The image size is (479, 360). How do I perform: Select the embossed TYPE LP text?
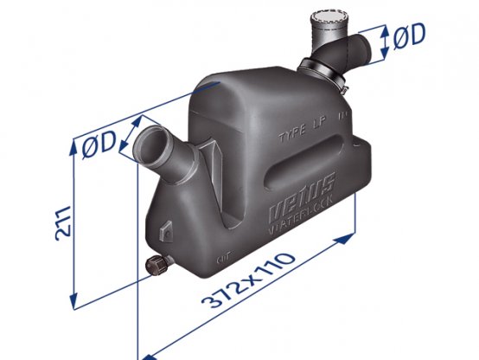305,135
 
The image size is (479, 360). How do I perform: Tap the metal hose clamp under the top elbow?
320,80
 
